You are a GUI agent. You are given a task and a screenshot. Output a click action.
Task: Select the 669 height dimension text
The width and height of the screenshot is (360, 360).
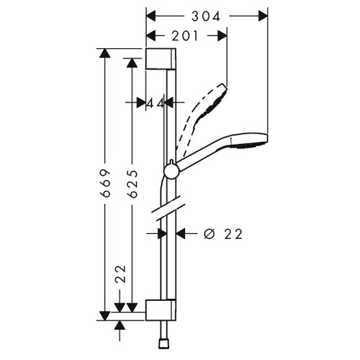105,184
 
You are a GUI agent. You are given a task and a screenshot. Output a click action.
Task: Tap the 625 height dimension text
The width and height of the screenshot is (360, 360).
131,184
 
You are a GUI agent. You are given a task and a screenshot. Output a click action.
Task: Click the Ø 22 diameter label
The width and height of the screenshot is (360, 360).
222,233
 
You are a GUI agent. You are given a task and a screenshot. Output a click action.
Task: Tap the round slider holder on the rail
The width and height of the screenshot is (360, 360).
171,171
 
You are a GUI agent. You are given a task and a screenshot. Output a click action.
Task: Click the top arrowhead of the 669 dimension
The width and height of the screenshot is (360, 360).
105,54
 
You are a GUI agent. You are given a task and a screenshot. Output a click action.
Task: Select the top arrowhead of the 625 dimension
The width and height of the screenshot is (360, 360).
131,63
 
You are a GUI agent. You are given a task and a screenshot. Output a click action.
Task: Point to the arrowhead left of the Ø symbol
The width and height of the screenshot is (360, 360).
182,233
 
